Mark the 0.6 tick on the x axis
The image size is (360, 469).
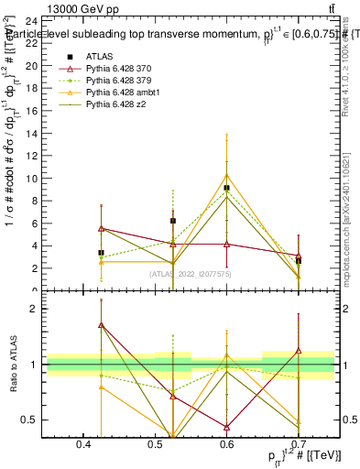click(x=226, y=444)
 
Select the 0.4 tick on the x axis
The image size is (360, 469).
click(x=84, y=444)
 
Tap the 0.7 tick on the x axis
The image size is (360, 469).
click(x=298, y=444)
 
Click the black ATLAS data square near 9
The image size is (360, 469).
click(x=227, y=188)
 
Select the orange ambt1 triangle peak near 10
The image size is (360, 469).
click(x=227, y=175)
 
